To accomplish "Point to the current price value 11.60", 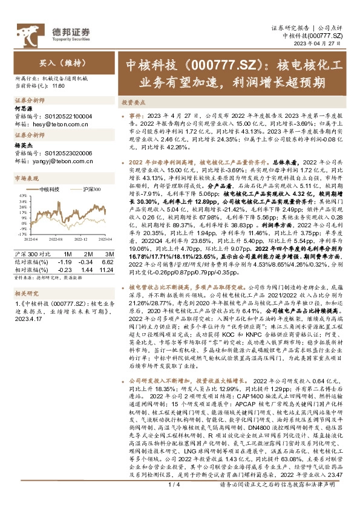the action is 59,86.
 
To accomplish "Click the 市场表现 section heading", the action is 27,178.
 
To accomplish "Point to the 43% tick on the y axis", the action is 22,195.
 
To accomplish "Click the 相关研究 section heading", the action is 27,292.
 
